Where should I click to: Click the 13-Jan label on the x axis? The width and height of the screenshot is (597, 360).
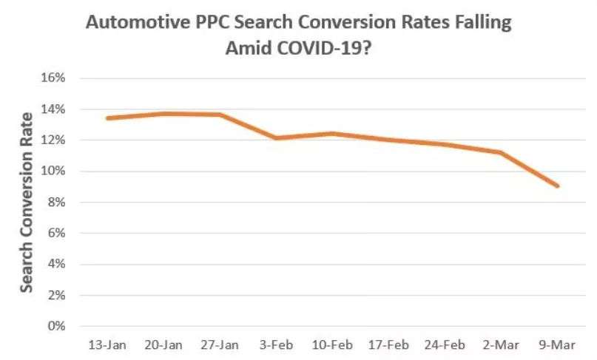tap(107, 345)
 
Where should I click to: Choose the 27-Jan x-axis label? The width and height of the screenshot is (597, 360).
tap(220, 345)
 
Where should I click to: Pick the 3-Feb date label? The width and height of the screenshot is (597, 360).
tap(276, 345)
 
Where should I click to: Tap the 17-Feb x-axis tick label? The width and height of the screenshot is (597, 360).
tap(388, 345)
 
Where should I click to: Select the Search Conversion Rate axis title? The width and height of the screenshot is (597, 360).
tap(27, 202)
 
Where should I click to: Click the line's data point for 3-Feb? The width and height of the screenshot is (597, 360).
tap(276, 137)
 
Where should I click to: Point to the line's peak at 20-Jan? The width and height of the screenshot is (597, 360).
tap(163, 113)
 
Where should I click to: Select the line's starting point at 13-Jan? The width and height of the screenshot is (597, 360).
tap(107, 118)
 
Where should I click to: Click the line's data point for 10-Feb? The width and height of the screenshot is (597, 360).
tap(332, 134)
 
